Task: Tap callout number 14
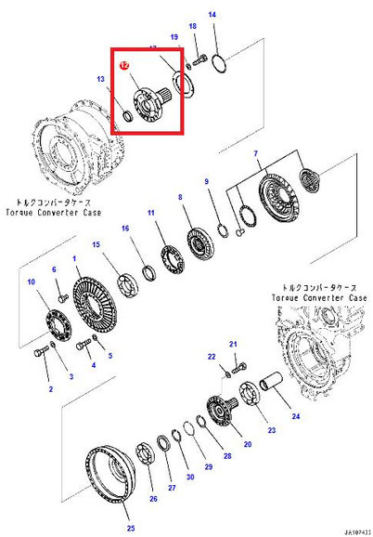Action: (212, 16)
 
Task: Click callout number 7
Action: (254, 152)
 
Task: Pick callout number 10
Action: (32, 282)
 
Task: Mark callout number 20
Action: (248, 444)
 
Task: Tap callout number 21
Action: (234, 343)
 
